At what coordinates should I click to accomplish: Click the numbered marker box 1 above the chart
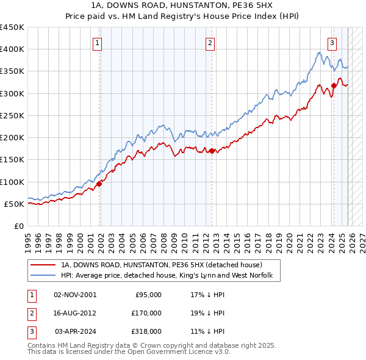click(98, 43)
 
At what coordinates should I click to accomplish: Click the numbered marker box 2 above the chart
click(210, 43)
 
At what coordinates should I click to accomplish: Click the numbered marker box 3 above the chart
click(332, 43)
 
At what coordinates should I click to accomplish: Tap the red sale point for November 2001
click(99, 184)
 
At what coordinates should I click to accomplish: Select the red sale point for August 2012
click(212, 151)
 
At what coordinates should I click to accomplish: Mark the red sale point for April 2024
click(334, 85)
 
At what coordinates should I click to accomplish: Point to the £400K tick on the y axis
click(12, 49)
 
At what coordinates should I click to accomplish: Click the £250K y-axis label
click(12, 115)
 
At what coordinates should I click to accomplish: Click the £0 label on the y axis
click(20, 226)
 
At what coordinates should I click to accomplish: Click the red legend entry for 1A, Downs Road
click(161, 265)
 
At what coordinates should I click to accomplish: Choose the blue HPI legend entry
click(170, 276)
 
